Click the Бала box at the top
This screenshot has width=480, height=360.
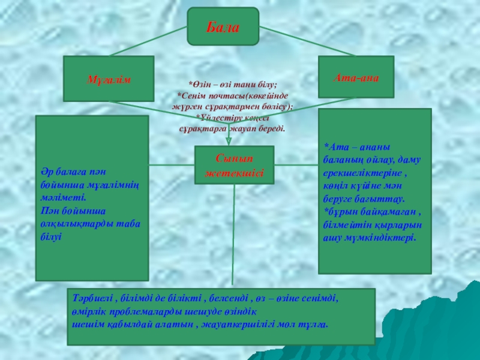[x=223, y=27]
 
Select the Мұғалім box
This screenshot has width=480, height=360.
[x=109, y=79]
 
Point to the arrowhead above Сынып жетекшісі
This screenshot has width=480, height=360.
[x=229, y=141]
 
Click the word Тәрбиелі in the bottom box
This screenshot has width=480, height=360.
[x=88, y=298]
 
